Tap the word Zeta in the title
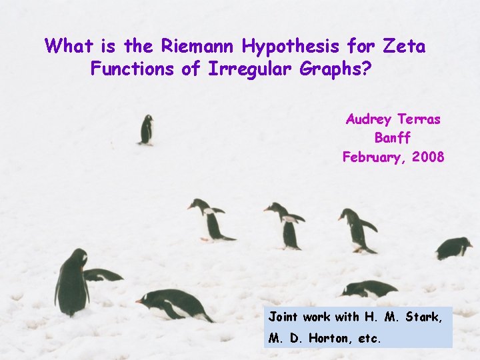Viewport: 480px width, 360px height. click(x=404, y=46)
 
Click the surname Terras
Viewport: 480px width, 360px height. click(x=419, y=119)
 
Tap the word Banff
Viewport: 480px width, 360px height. click(x=393, y=138)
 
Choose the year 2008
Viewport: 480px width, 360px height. click(x=427, y=157)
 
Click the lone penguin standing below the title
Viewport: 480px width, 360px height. click(x=146, y=129)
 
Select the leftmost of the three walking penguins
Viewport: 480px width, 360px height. click(x=211, y=220)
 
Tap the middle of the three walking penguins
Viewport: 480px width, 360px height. click(x=287, y=225)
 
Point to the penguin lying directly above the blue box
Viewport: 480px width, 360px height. click(x=371, y=289)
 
